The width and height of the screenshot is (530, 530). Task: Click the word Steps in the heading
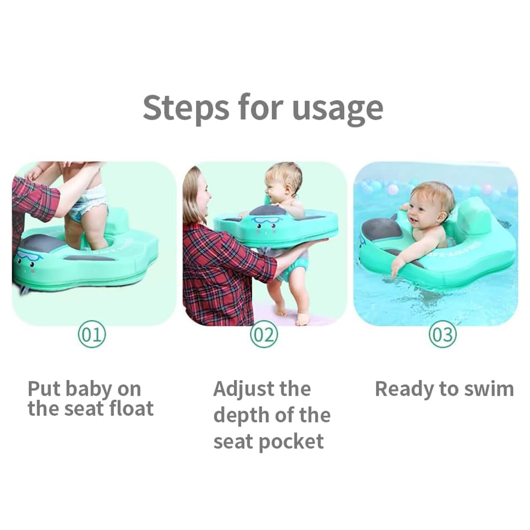186,108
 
